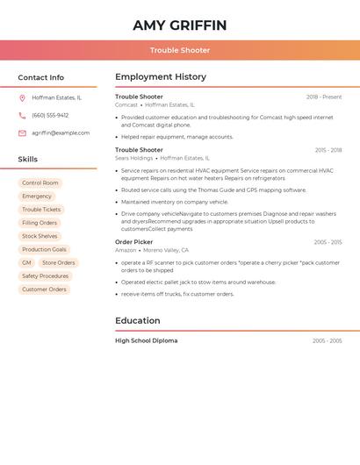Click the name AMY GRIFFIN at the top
pyautogui.click(x=180, y=25)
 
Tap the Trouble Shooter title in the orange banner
pyautogui.click(x=180, y=50)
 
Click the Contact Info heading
pyautogui.click(x=40, y=77)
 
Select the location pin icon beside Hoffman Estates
pyautogui.click(x=22, y=97)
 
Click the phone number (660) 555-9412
pyautogui.click(x=50, y=115)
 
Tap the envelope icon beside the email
pyautogui.click(x=22, y=133)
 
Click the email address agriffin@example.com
pyautogui.click(x=61, y=133)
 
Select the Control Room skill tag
pyautogui.click(x=40, y=183)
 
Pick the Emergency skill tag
pyautogui.click(x=37, y=197)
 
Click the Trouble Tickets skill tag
pyautogui.click(x=41, y=210)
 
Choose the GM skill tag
pyautogui.click(x=26, y=262)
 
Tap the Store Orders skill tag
pyautogui.click(x=59, y=262)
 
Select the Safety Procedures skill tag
pyautogui.click(x=46, y=275)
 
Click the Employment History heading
pyautogui.click(x=161, y=77)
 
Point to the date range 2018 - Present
pyautogui.click(x=324, y=97)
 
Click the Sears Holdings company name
pyautogui.click(x=134, y=158)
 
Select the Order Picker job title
pyautogui.click(x=133, y=241)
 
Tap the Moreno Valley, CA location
pyautogui.click(x=166, y=250)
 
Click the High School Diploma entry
pyautogui.click(x=146, y=340)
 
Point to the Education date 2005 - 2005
pyautogui.click(x=327, y=340)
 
